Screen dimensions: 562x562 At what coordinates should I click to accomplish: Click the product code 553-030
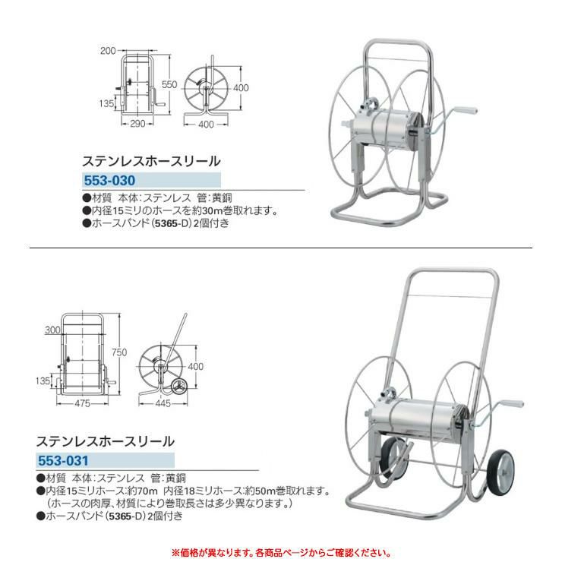coord(109,180)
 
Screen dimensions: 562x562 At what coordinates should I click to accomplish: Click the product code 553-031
coord(63,460)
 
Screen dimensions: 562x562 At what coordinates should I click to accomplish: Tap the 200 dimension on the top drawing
coord(108,51)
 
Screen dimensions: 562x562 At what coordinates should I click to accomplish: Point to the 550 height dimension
coord(169,84)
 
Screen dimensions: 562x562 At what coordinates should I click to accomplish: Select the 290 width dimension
coord(137,124)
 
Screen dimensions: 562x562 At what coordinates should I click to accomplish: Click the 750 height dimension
coord(119,352)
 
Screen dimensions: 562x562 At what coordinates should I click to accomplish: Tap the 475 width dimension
coord(83,403)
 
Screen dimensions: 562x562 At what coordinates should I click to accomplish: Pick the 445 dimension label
coord(163,403)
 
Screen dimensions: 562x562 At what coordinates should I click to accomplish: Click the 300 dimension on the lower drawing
coord(52,330)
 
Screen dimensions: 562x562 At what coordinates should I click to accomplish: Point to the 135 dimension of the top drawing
coord(106,103)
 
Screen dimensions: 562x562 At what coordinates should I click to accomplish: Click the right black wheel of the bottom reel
coord(500,472)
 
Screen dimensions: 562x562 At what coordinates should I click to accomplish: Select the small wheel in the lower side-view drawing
coord(178,387)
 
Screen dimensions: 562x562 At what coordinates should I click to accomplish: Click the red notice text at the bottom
coord(281,552)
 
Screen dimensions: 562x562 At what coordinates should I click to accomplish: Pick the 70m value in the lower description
coord(147,491)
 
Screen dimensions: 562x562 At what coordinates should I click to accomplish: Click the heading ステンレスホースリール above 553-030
coord(151,161)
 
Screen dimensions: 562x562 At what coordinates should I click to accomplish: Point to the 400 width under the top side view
coord(206,125)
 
